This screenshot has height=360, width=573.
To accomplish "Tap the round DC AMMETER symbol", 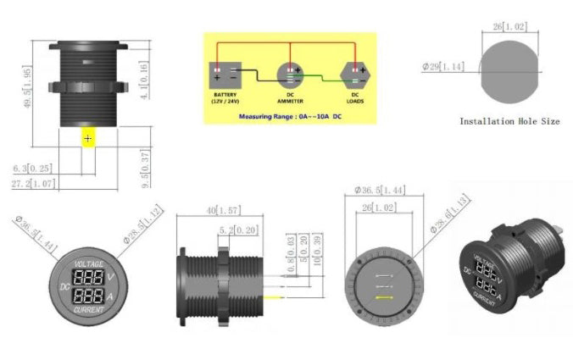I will pos(290,76).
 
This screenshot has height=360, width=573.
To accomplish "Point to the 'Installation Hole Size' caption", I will pos(509,121).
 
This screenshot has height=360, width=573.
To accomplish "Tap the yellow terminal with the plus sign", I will pos(88,137).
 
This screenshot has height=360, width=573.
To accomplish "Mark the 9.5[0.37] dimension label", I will pos(146,169).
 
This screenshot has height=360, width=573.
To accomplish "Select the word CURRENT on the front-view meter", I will pos(89,310).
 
